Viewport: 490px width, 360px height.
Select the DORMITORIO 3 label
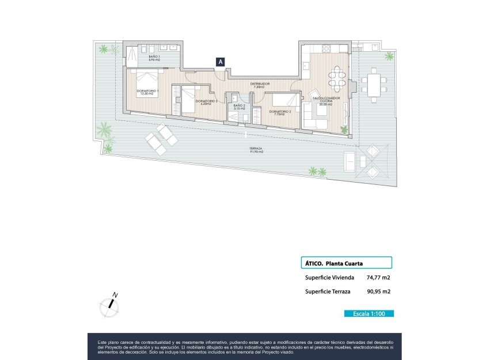click(206, 102)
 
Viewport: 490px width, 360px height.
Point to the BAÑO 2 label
click(240, 107)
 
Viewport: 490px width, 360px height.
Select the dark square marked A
click(221, 62)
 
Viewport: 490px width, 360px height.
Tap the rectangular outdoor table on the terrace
click(375, 85)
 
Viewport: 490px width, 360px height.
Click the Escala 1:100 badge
click(369, 314)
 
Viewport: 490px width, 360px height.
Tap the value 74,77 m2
click(378, 277)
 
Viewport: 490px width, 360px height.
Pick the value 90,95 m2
click(378, 292)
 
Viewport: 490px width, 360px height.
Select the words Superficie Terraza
click(327, 292)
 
